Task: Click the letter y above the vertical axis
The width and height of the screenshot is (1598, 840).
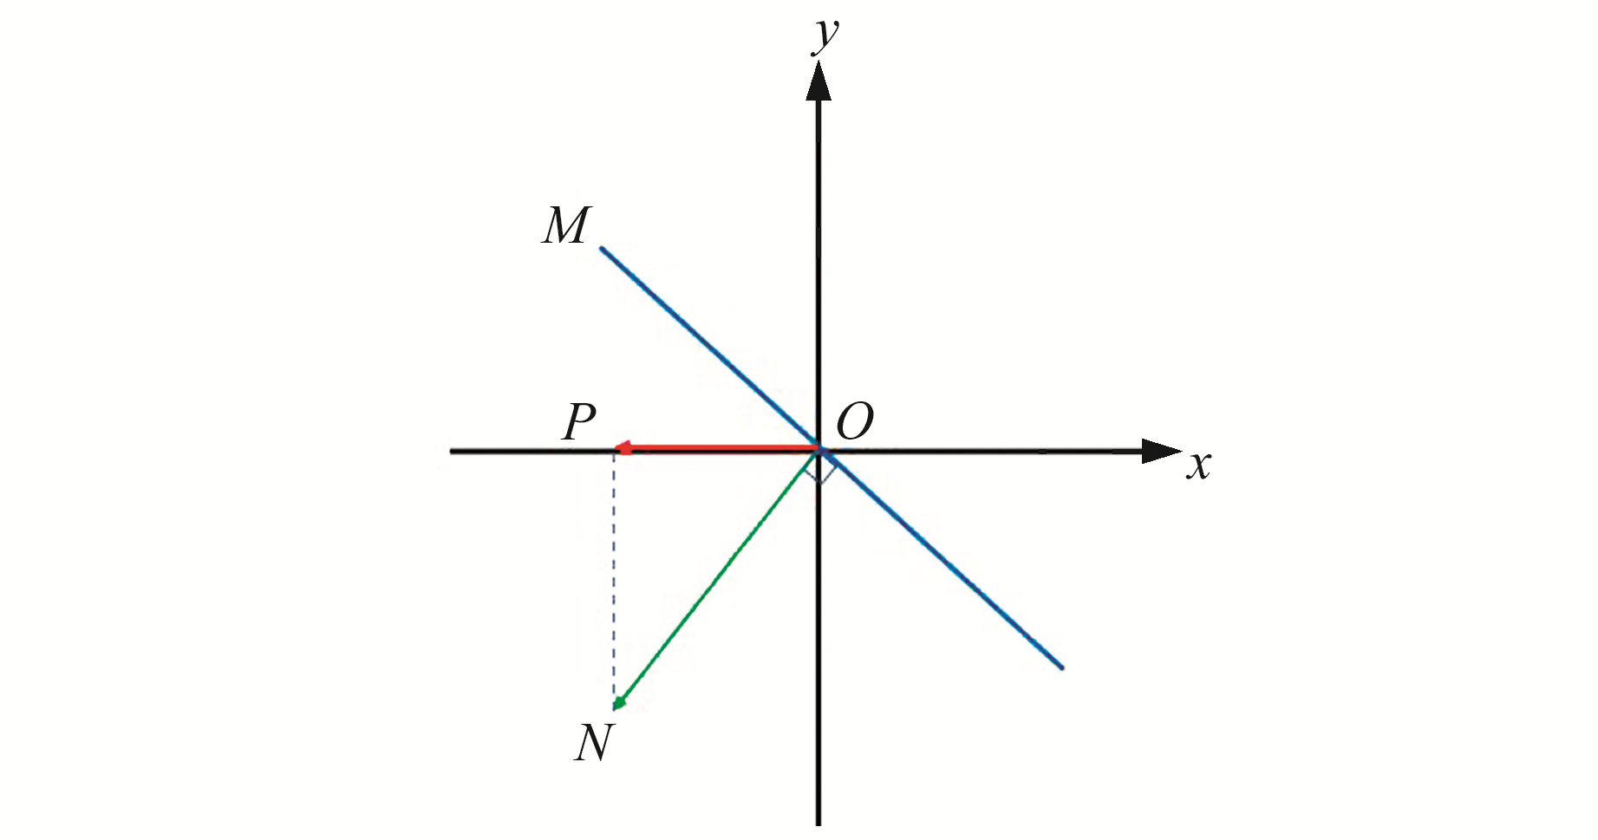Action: (826, 35)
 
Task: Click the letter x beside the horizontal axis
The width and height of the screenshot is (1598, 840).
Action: (1199, 466)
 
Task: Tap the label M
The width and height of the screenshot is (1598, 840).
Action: (567, 226)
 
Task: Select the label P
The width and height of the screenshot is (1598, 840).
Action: (579, 422)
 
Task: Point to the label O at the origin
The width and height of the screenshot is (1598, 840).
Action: (855, 422)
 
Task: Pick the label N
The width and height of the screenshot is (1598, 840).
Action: (594, 743)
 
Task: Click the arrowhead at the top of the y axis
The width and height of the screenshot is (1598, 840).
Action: (819, 82)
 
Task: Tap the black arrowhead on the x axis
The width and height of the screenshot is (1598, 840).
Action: (1159, 451)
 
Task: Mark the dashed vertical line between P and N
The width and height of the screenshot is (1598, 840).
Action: (614, 581)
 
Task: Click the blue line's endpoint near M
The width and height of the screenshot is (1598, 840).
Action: (602, 249)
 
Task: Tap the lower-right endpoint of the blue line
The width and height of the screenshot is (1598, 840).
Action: (1061, 667)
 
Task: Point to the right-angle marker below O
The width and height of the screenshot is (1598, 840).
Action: (820, 473)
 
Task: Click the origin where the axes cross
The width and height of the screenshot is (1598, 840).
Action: (819, 451)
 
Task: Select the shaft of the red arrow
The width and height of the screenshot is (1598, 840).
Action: (720, 448)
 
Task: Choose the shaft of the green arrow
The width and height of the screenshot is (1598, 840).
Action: (715, 581)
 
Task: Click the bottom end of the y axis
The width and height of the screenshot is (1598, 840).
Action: (819, 822)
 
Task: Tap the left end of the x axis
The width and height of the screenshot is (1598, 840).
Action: (453, 451)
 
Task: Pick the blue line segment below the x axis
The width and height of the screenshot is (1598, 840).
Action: (945, 563)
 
